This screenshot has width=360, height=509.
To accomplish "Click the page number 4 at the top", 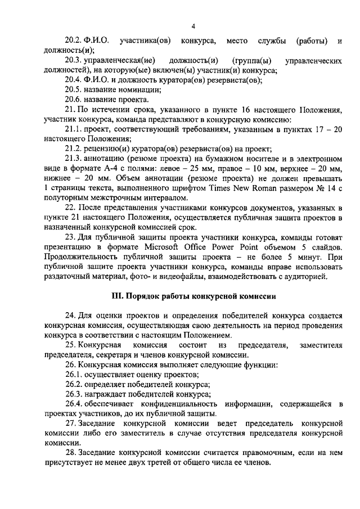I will coord(193,26).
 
